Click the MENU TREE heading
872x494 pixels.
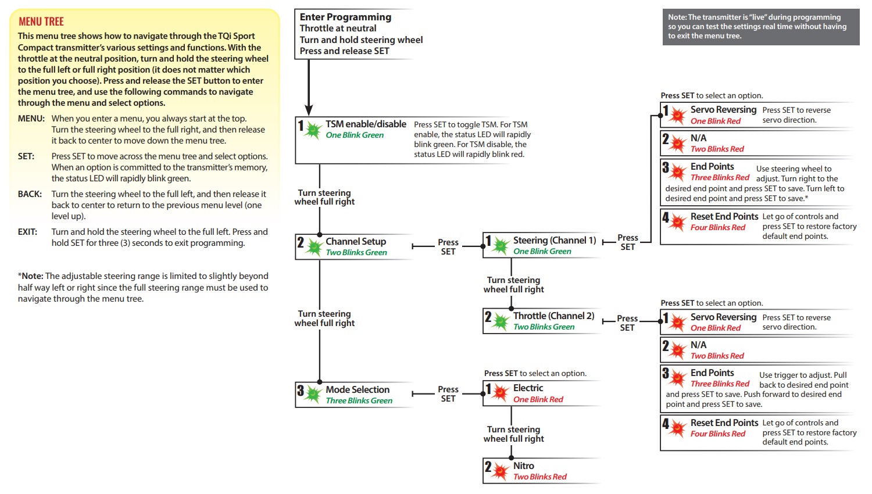(x=41, y=22)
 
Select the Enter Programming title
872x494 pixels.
(x=345, y=17)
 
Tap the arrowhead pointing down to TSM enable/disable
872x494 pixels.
(x=309, y=110)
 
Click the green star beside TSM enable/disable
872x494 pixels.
(x=313, y=130)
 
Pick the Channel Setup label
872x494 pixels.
(x=356, y=241)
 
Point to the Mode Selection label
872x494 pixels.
(x=358, y=389)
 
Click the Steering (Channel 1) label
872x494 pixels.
(x=555, y=240)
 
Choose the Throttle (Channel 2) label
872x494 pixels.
(x=553, y=316)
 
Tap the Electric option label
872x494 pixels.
(x=528, y=388)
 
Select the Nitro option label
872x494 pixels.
(x=524, y=466)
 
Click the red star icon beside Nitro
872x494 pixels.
(x=500, y=472)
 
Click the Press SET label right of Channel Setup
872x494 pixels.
(x=448, y=247)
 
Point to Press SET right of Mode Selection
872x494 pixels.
(x=448, y=394)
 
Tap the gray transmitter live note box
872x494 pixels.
(x=760, y=27)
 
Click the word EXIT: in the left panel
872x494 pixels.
(x=27, y=232)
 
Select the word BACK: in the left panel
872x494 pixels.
(x=30, y=194)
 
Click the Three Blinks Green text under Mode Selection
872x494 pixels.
(x=359, y=400)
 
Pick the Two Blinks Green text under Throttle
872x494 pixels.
(x=544, y=327)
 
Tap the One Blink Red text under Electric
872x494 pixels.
(x=538, y=399)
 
